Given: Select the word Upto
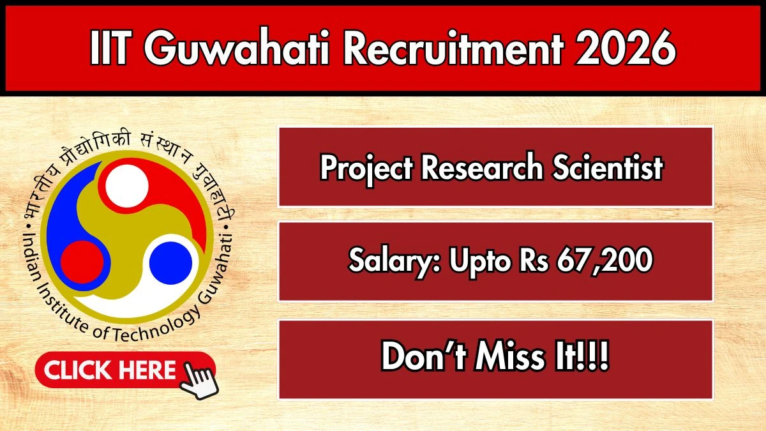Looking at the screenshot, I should coord(472,261).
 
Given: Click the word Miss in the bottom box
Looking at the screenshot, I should coord(509,358).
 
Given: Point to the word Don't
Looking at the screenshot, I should coord(421,358).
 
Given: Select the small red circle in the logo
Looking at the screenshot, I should coord(82,262).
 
